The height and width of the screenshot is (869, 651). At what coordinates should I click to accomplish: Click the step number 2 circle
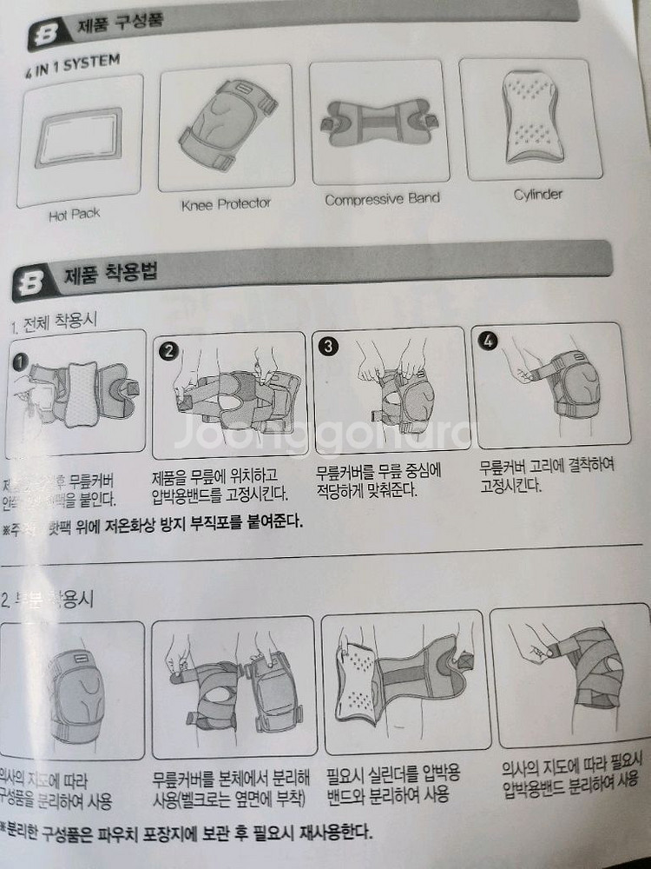[170, 350]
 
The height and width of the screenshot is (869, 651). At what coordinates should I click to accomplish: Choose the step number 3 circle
[329, 345]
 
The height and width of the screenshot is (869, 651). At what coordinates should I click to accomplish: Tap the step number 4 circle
[488, 340]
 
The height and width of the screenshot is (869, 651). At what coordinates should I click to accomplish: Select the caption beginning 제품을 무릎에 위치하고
[220, 485]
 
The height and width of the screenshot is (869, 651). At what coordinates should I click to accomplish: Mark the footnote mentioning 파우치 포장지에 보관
[187, 833]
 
